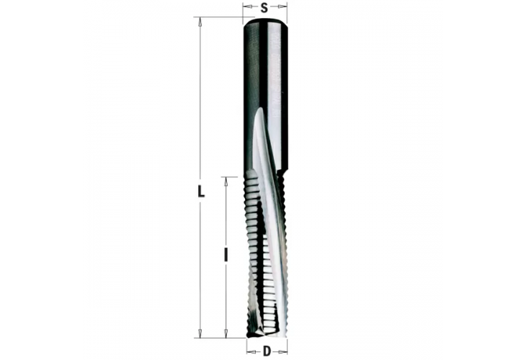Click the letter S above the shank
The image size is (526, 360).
tap(264, 9)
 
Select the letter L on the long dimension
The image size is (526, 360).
tap(202, 192)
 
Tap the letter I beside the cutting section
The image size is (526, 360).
tap(226, 254)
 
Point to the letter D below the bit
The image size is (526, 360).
tap(266, 351)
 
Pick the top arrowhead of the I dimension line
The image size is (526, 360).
tap(226, 181)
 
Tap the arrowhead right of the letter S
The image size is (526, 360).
tap(283, 9)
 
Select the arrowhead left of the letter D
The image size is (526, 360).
tap(249, 351)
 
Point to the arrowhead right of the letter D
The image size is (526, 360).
tap(283, 351)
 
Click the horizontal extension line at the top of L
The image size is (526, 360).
tap(220, 17)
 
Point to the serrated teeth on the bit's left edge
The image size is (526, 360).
tap(250, 238)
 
